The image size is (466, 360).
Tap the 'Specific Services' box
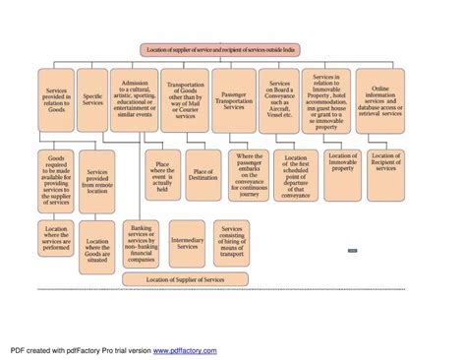pyautogui.click(x=92, y=99)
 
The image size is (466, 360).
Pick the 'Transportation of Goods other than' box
pyautogui.click(x=185, y=99)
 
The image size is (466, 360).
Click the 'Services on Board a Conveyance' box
pyautogui.click(x=279, y=99)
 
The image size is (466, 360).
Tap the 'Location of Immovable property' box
pyautogui.click(x=342, y=162)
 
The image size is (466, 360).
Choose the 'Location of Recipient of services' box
pyautogui.click(x=386, y=162)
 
